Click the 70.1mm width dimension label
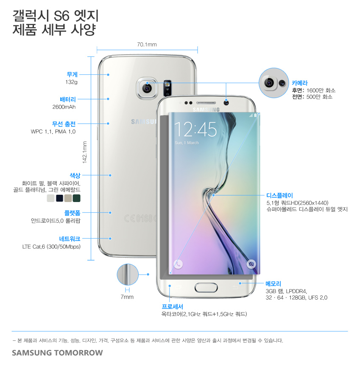pos(147,45)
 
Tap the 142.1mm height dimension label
pos(84,152)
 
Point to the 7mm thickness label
pos(127,297)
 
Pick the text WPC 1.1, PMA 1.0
pos(53,132)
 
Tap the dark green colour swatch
pos(77,198)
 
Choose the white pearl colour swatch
pos(51,198)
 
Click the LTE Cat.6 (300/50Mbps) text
pos(51,247)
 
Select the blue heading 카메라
pos(299,83)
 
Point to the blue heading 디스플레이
pos(279,196)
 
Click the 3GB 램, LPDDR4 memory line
pos(286,291)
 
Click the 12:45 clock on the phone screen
pos(195,129)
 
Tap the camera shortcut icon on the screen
pos(251,264)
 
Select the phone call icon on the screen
pos(178,264)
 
